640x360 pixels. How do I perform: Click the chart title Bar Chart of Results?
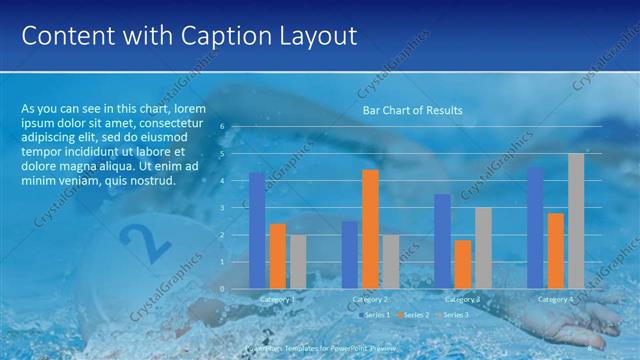click(x=412, y=110)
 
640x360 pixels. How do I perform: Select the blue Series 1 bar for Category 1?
click(x=257, y=230)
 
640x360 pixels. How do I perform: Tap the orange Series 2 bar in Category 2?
click(x=370, y=229)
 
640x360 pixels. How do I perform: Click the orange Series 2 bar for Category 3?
click(x=463, y=264)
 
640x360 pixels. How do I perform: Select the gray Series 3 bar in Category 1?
click(x=298, y=261)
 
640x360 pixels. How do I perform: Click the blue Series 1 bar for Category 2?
click(x=350, y=254)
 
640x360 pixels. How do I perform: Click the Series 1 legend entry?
click(x=375, y=315)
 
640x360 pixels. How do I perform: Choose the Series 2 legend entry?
click(x=412, y=315)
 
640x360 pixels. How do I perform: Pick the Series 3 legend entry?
click(x=451, y=315)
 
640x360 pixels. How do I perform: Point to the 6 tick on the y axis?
click(x=237, y=128)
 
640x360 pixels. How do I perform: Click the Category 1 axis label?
click(x=277, y=299)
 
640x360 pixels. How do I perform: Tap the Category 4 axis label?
click(x=556, y=299)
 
